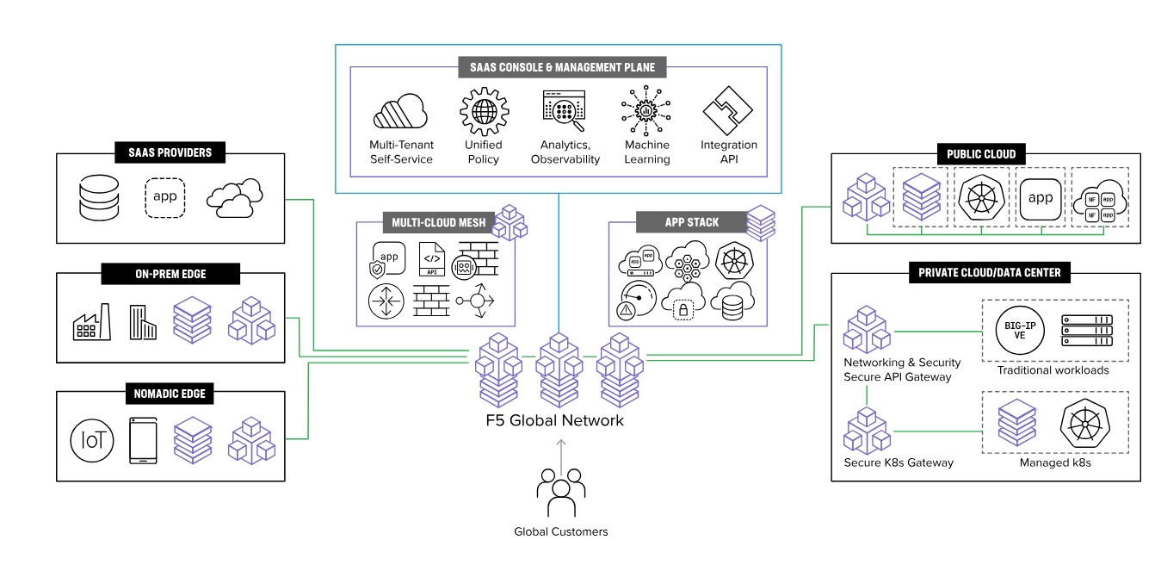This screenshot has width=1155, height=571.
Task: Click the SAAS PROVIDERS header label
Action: pos(170,152)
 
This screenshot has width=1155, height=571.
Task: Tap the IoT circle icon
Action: pos(92,440)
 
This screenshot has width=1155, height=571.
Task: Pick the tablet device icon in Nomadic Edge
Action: pos(143,440)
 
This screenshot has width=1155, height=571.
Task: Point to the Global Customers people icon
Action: pos(560,493)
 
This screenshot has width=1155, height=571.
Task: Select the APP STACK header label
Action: pos(691,222)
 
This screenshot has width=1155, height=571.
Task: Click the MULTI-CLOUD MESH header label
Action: pos(438,222)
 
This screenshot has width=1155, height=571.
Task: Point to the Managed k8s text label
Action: pos(1055,462)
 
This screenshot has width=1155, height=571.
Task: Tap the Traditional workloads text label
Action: pos(1053,370)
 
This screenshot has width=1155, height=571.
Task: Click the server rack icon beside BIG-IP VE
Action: pos(1087,330)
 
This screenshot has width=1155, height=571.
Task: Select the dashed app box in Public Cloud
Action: pos(1041,197)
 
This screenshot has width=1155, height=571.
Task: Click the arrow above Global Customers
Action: pos(560,455)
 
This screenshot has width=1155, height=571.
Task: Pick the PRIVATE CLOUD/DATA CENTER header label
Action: pos(985,272)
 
